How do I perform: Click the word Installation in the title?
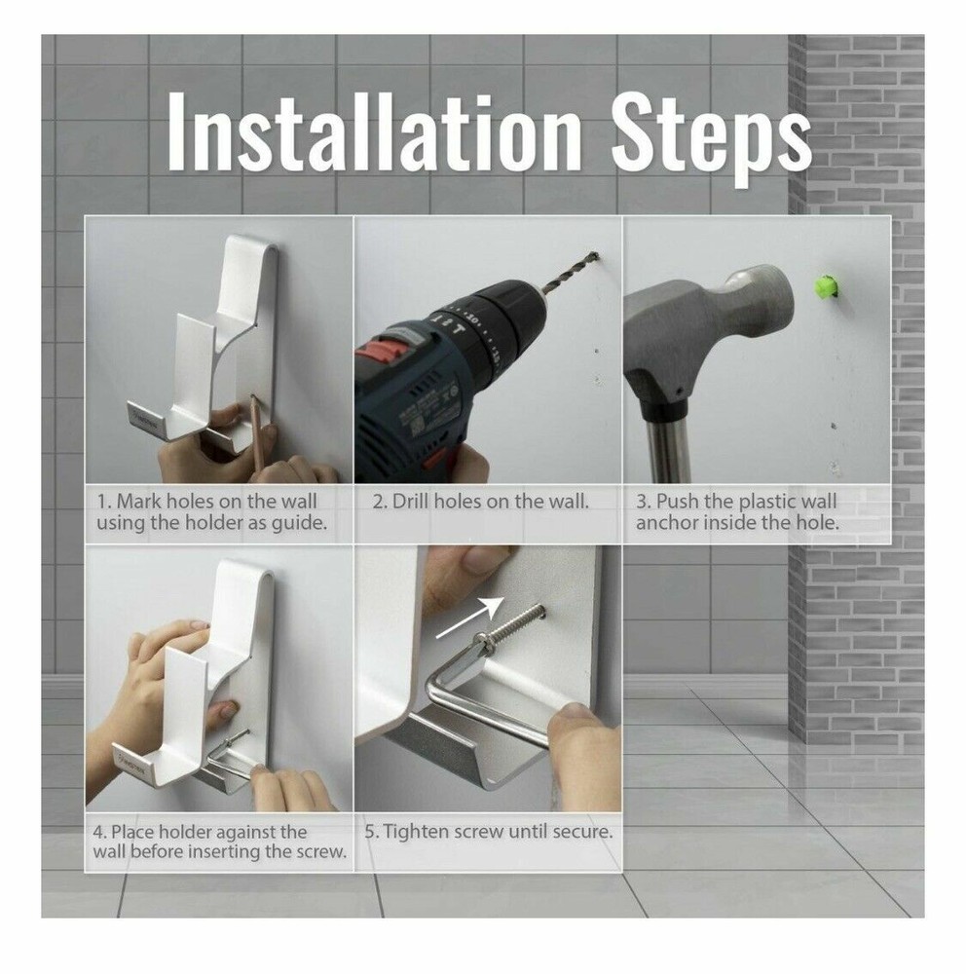(x=374, y=131)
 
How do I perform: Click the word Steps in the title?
(x=711, y=140)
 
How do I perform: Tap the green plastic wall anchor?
(x=826, y=286)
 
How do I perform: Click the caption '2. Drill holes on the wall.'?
(x=480, y=501)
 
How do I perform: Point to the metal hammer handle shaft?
(x=667, y=450)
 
